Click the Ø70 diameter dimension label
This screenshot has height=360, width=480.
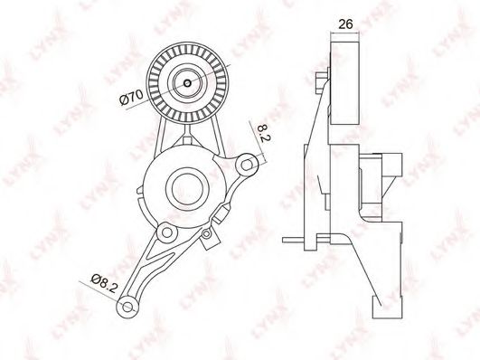click(131, 97)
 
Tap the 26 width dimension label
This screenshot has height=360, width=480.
click(345, 24)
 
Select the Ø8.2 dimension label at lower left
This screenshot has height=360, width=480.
click(104, 283)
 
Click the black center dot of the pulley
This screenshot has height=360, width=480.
click(187, 83)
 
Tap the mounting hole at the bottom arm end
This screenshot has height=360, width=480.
click(127, 307)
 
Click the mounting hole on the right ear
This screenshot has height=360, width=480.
click(247, 165)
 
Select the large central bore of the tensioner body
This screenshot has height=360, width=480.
click(187, 189)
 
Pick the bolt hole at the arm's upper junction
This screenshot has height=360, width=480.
click(167, 232)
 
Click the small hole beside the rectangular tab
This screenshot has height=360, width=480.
click(207, 234)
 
